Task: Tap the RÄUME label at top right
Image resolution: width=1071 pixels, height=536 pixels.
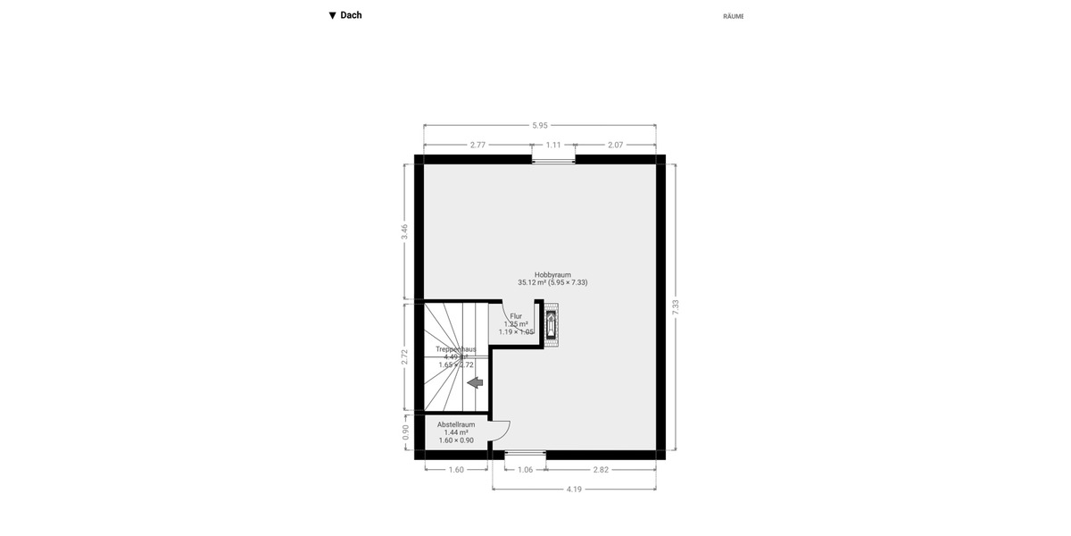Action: (733, 16)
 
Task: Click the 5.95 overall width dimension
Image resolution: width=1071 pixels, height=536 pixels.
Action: (539, 126)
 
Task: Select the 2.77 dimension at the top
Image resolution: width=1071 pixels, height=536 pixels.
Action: (477, 145)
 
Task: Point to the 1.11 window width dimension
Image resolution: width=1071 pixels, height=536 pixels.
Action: (553, 145)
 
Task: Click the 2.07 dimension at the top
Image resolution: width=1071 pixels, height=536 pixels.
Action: (616, 145)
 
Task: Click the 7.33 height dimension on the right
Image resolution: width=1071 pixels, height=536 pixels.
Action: (676, 306)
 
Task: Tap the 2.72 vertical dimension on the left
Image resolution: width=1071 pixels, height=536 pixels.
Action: (405, 356)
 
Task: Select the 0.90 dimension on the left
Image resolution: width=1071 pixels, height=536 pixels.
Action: (405, 431)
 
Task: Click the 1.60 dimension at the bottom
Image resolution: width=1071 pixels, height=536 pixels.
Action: (456, 469)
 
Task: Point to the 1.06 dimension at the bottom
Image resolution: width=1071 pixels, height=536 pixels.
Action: (525, 469)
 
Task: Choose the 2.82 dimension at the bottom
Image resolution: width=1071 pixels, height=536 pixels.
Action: (601, 469)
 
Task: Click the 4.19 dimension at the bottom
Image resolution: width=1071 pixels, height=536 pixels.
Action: (575, 489)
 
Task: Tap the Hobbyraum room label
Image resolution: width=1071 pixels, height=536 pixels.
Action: (552, 275)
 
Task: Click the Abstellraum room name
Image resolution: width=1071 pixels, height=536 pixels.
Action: (456, 424)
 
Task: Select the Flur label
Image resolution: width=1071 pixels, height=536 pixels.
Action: (516, 316)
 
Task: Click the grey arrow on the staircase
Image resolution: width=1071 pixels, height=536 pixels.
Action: (475, 382)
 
